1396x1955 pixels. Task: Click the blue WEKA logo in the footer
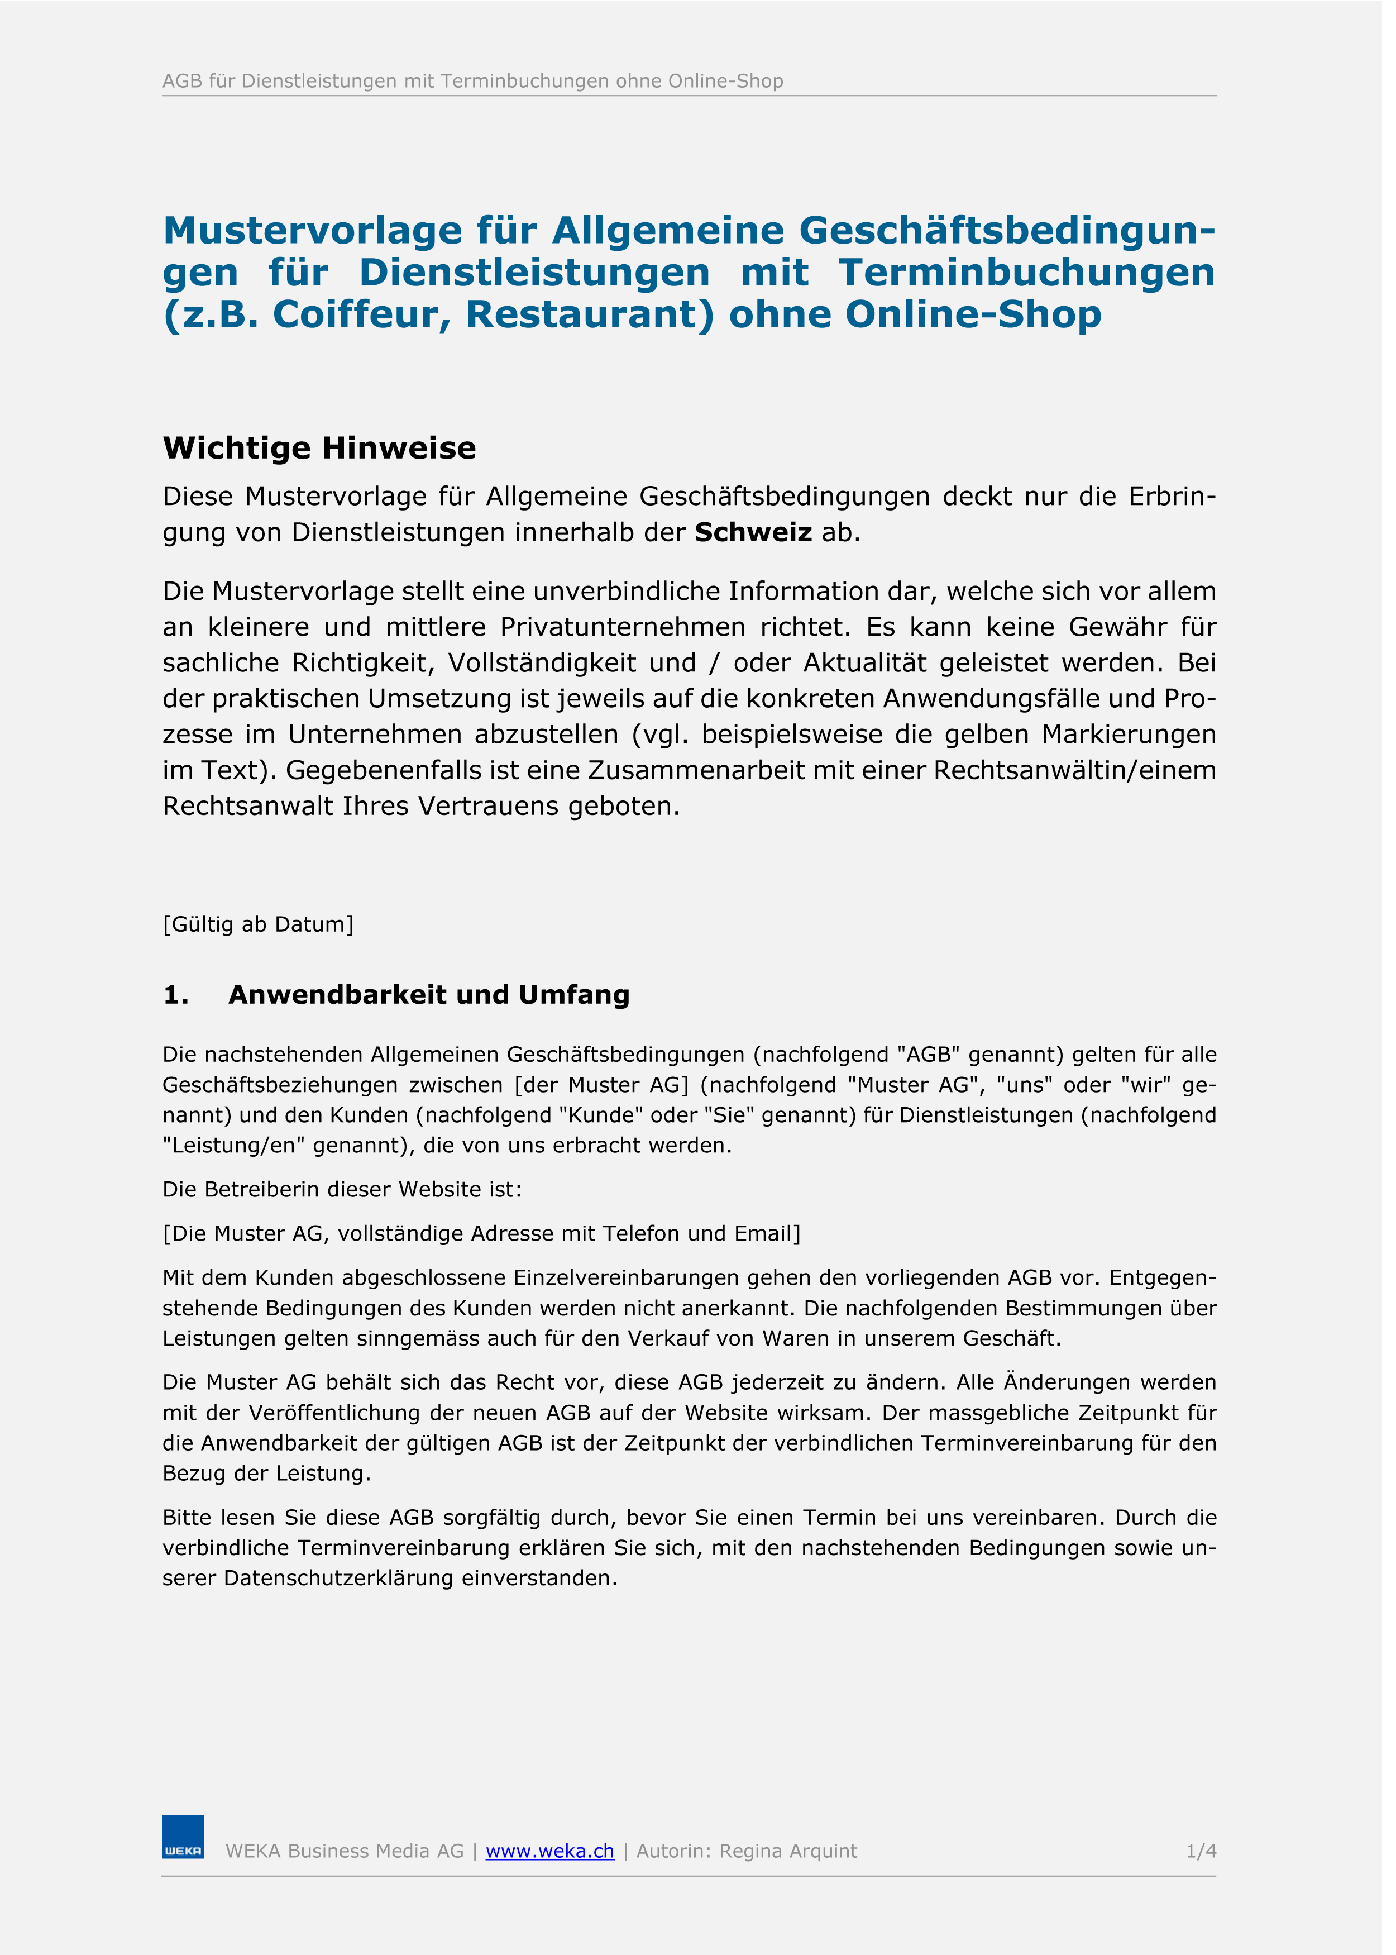point(183,1837)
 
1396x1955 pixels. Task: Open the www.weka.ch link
point(550,1851)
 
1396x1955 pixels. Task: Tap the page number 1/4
point(1201,1851)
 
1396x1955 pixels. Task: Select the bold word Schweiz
point(753,532)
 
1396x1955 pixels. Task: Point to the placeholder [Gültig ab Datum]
point(258,924)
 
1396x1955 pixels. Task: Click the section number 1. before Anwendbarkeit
point(175,995)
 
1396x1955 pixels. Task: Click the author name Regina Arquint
point(788,1851)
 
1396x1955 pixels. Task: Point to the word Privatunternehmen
point(623,627)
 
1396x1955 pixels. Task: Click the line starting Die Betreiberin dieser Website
point(342,1190)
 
